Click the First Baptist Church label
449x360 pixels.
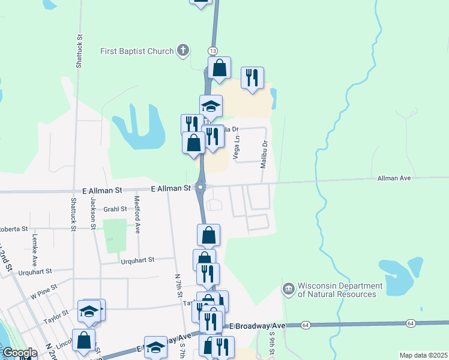point(137,51)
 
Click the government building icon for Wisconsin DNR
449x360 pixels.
point(289,290)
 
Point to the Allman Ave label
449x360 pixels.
point(394,178)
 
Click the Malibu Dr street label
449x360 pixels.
point(263,154)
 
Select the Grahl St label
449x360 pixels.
point(115,209)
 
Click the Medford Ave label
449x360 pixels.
point(137,215)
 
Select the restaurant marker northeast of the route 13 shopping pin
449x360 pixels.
point(252,78)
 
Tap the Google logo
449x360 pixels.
point(19,353)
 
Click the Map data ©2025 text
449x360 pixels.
point(423,355)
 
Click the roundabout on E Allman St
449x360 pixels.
point(200,188)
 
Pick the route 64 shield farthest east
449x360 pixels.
point(410,323)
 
